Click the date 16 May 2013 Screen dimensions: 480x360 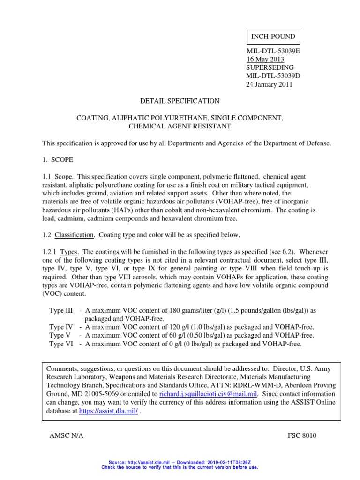265,60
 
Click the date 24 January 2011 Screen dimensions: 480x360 270,85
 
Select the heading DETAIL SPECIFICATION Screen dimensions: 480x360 180,101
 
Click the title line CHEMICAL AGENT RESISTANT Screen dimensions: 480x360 180,126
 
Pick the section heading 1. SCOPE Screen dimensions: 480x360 58,160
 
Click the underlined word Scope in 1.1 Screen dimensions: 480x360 64,177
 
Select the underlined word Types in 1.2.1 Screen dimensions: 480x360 69,252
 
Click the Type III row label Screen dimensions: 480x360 61,310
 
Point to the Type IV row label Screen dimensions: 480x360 61,327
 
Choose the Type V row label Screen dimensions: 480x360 60,335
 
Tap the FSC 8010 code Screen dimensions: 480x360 302,435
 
